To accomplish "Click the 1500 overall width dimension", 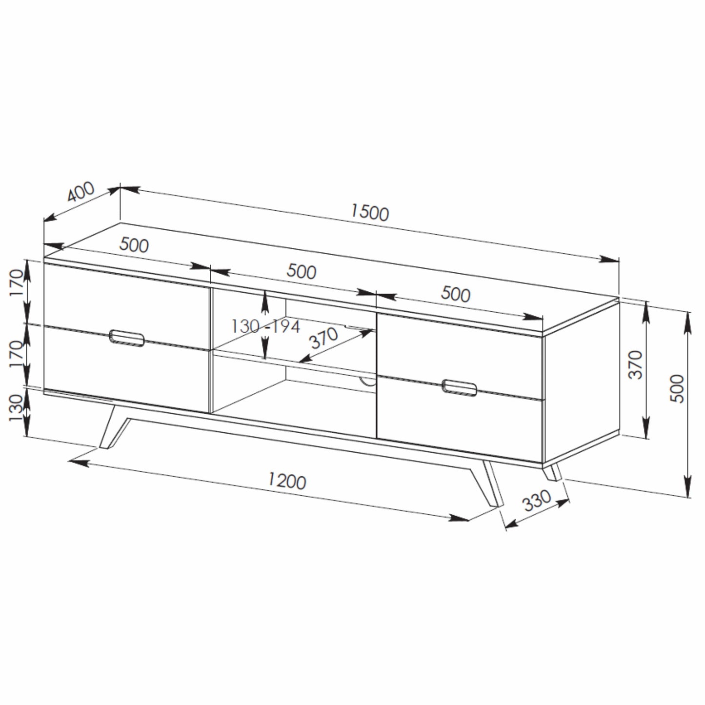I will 370,213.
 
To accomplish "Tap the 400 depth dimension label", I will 81,192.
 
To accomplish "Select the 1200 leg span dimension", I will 287,482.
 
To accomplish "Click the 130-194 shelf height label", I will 265,326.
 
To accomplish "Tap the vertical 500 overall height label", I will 678,388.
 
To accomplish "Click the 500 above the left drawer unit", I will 134,245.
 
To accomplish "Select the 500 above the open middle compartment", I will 301,271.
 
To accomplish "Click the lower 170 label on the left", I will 17,355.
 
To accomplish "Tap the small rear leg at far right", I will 553,472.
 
